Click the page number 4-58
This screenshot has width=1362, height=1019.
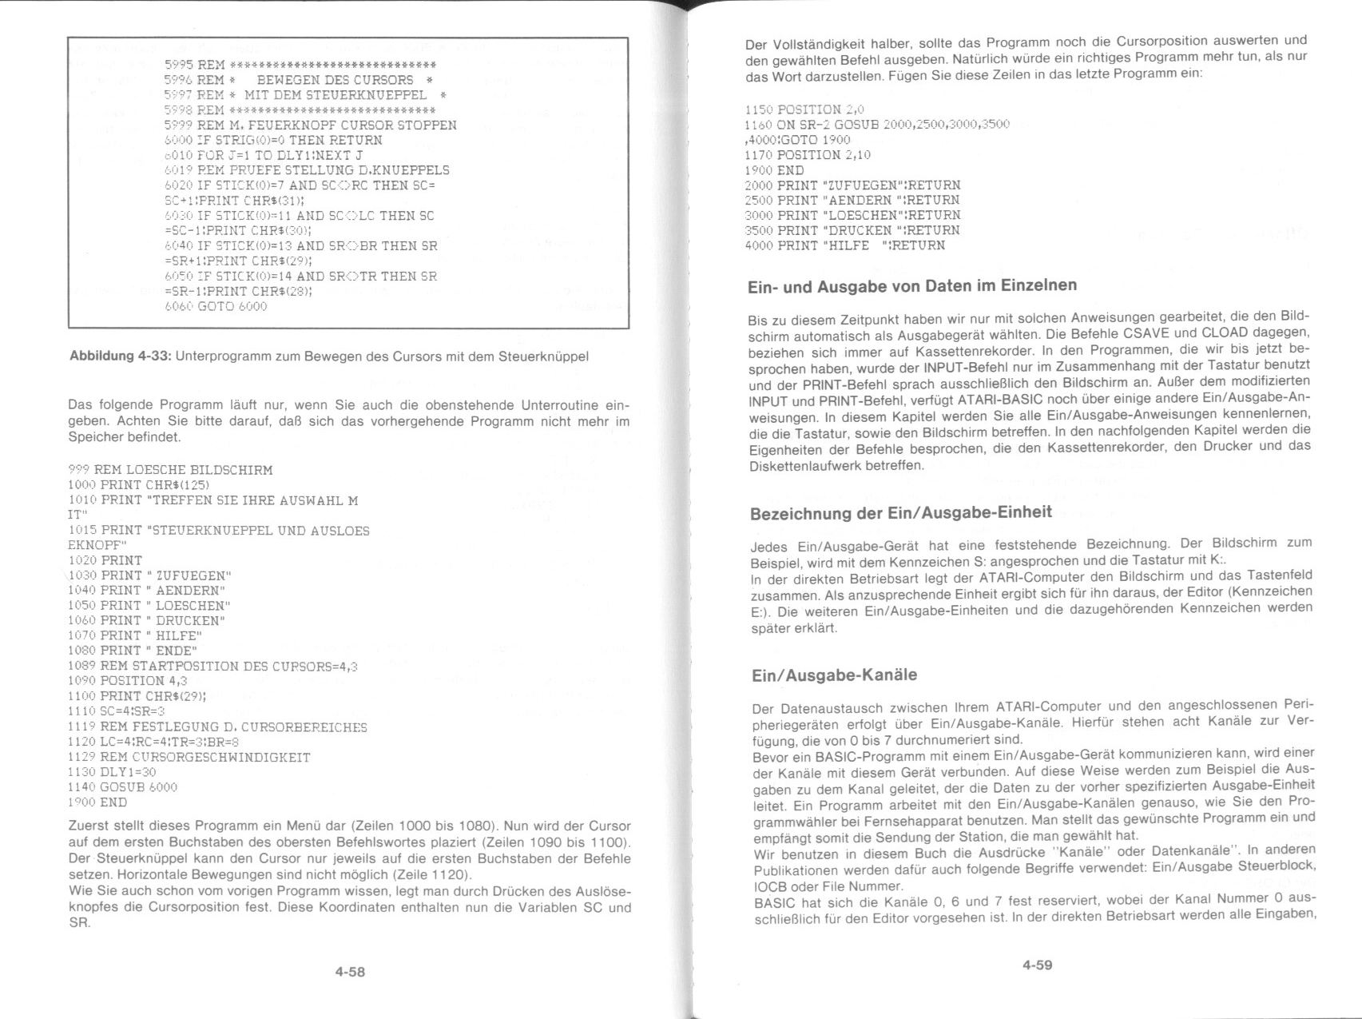[x=350, y=972]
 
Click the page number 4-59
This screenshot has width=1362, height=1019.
[x=1037, y=965]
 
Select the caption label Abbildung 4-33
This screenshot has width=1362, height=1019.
[x=120, y=356]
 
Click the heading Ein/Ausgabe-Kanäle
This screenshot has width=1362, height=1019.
[x=834, y=675]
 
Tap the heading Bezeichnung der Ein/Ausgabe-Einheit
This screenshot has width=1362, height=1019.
[x=900, y=513]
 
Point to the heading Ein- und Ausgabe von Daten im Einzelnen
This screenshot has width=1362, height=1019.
[x=911, y=286]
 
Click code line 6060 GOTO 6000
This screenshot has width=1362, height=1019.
[x=216, y=306]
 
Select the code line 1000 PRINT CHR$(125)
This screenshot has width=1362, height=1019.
[x=138, y=485]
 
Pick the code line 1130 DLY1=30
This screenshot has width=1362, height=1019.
[x=112, y=772]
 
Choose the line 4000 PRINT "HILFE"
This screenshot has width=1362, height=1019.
[x=844, y=245]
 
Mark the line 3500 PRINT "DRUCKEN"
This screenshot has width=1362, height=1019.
[x=852, y=230]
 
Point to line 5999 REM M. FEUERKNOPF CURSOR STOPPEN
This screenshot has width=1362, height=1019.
[x=310, y=125]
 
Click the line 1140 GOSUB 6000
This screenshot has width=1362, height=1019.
[x=122, y=787]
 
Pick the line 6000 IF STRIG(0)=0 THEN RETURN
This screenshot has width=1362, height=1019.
[x=273, y=141]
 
